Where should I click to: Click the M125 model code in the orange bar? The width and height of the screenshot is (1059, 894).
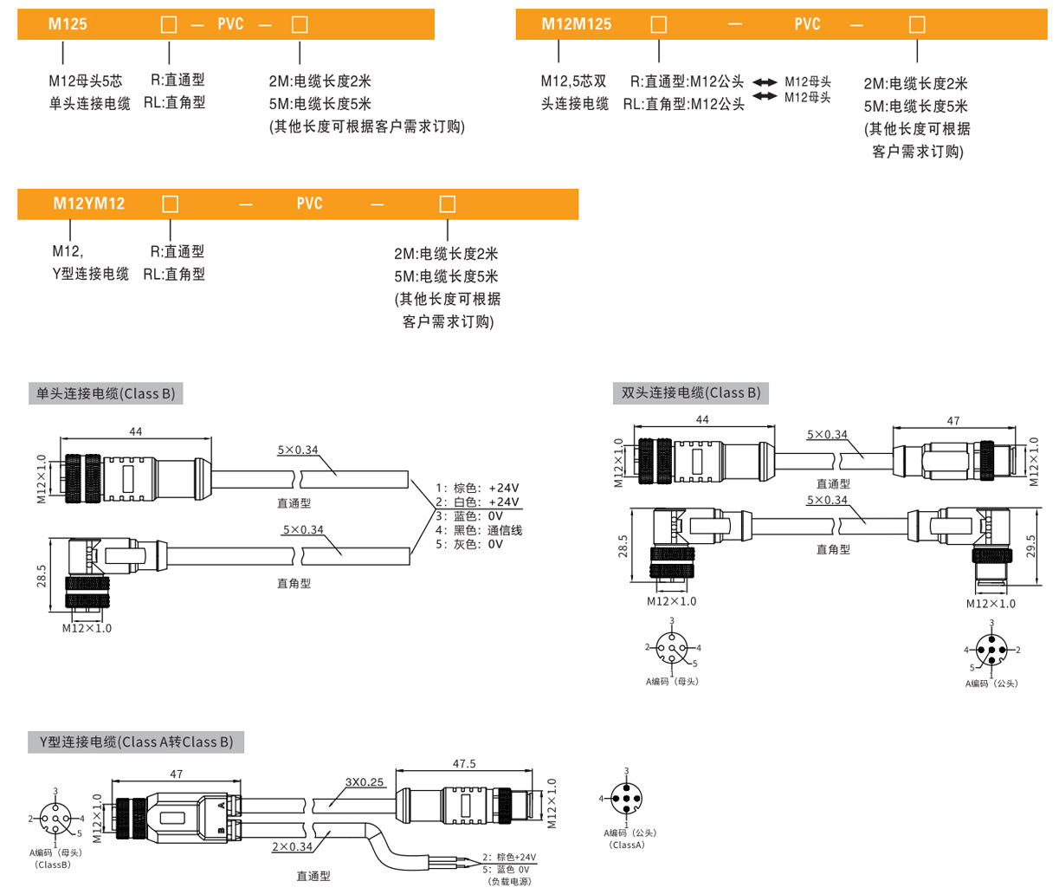coord(68,24)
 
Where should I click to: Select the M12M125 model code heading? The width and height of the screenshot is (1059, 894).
coord(576,24)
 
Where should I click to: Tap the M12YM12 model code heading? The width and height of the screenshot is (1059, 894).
coord(89,204)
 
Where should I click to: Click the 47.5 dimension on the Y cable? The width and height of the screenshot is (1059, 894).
coord(464,764)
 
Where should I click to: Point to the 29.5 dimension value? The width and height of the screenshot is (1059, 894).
coord(1031,546)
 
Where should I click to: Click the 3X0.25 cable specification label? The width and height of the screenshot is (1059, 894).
coord(365,782)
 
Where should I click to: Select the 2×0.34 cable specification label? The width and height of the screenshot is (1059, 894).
coord(292,846)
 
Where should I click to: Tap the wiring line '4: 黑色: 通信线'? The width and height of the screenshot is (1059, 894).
coord(479,530)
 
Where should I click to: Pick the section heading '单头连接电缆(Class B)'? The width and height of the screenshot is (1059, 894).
coord(106,393)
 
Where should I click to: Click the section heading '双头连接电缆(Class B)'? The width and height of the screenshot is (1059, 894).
coord(691,392)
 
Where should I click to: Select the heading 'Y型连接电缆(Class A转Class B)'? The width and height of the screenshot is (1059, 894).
coord(136,742)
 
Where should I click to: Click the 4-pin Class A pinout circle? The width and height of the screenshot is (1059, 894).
coord(626,798)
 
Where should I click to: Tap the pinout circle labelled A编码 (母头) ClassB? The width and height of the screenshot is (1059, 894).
coord(55,817)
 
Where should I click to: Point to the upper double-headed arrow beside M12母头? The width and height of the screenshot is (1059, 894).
coord(765,82)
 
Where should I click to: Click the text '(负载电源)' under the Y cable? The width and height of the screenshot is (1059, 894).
coord(510,881)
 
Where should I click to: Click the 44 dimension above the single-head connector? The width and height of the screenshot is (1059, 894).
coord(136,431)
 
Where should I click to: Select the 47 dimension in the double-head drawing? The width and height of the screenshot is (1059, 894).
coord(952,421)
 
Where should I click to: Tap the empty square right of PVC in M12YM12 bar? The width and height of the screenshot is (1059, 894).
coord(448,204)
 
